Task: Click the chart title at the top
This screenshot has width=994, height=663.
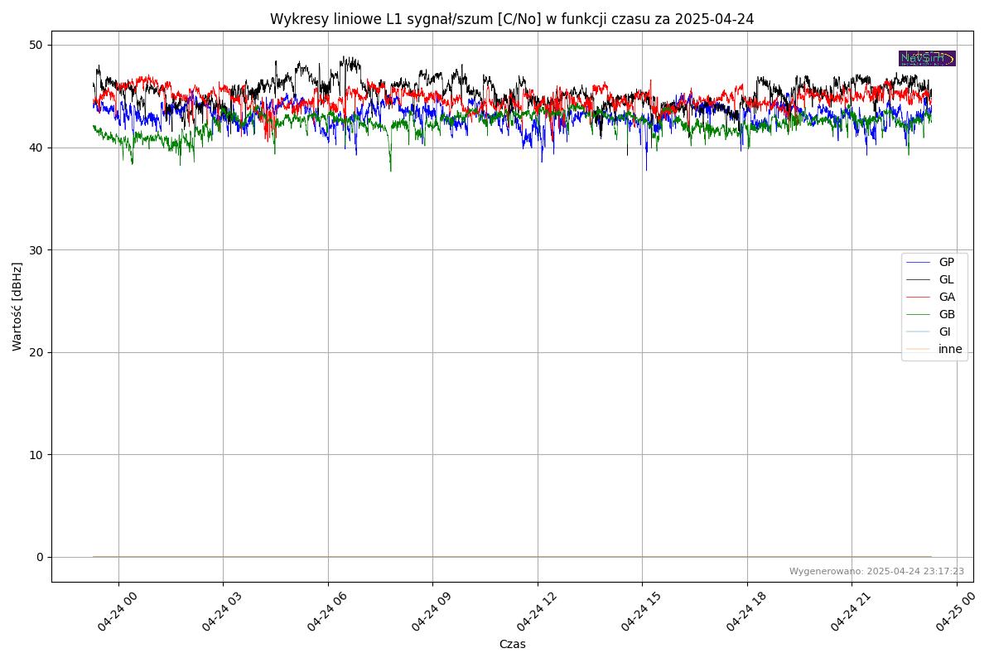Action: coord(511,19)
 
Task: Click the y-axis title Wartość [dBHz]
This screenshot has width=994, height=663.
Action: coord(17,306)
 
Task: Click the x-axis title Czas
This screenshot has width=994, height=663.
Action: coord(512,644)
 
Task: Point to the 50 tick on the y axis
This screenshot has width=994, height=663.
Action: coord(37,45)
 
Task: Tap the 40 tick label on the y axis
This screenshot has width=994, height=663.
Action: coord(37,148)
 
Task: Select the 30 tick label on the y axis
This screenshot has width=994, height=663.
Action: coord(37,249)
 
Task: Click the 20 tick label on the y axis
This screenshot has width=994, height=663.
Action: coord(37,352)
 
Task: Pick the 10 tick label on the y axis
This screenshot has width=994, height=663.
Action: coord(37,454)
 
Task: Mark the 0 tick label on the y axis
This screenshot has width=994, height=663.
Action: coord(40,557)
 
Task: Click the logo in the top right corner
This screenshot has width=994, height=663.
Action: coord(927,58)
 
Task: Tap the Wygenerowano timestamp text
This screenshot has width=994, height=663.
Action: coord(876,571)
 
